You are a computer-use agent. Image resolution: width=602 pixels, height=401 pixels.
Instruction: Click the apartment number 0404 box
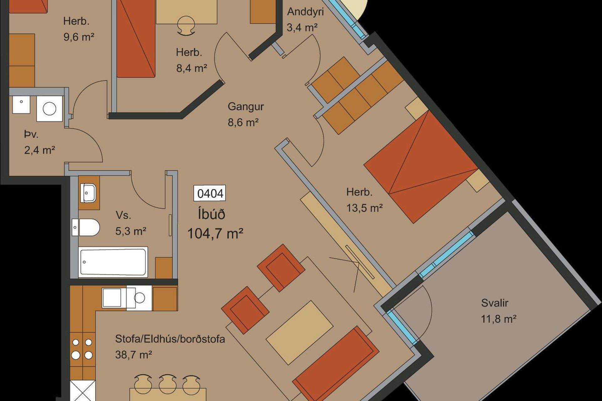pyautogui.click(x=210, y=193)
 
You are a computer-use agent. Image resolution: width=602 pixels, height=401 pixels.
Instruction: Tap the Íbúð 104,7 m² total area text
pyautogui.click(x=215, y=224)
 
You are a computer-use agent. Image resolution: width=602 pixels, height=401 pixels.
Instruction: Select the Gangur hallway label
pyautogui.click(x=246, y=107)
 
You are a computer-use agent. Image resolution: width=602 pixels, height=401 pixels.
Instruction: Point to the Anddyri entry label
pyautogui.click(x=305, y=12)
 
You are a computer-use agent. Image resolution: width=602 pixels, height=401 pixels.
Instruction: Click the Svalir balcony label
pyautogui.click(x=494, y=303)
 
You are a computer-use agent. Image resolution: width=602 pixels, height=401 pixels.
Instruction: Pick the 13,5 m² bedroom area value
pyautogui.click(x=364, y=208)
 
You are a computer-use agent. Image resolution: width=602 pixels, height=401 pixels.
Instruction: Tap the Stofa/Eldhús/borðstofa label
pyautogui.click(x=170, y=339)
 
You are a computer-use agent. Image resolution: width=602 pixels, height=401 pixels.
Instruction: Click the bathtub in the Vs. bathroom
pyautogui.click(x=113, y=262)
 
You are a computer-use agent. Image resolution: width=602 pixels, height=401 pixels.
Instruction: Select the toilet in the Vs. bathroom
pyautogui.click(x=86, y=227)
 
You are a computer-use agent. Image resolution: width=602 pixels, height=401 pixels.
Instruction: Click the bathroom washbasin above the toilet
pyautogui.click(x=88, y=193)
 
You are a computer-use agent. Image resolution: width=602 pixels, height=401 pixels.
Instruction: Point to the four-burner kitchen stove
pyautogui.click(x=82, y=349)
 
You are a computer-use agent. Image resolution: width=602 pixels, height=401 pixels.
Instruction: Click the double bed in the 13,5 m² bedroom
pyautogui.click(x=420, y=166)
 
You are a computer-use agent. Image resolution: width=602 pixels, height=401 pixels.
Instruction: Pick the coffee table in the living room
pyautogui.click(x=299, y=333)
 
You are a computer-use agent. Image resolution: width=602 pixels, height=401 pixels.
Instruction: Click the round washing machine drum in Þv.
pyautogui.click(x=50, y=109)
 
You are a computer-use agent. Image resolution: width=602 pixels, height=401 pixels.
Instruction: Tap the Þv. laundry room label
pyautogui.click(x=31, y=134)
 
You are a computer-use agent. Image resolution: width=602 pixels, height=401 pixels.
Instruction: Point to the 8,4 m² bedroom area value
pyautogui.click(x=192, y=68)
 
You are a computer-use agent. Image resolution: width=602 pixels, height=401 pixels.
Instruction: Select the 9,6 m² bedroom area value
pyautogui.click(x=79, y=37)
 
